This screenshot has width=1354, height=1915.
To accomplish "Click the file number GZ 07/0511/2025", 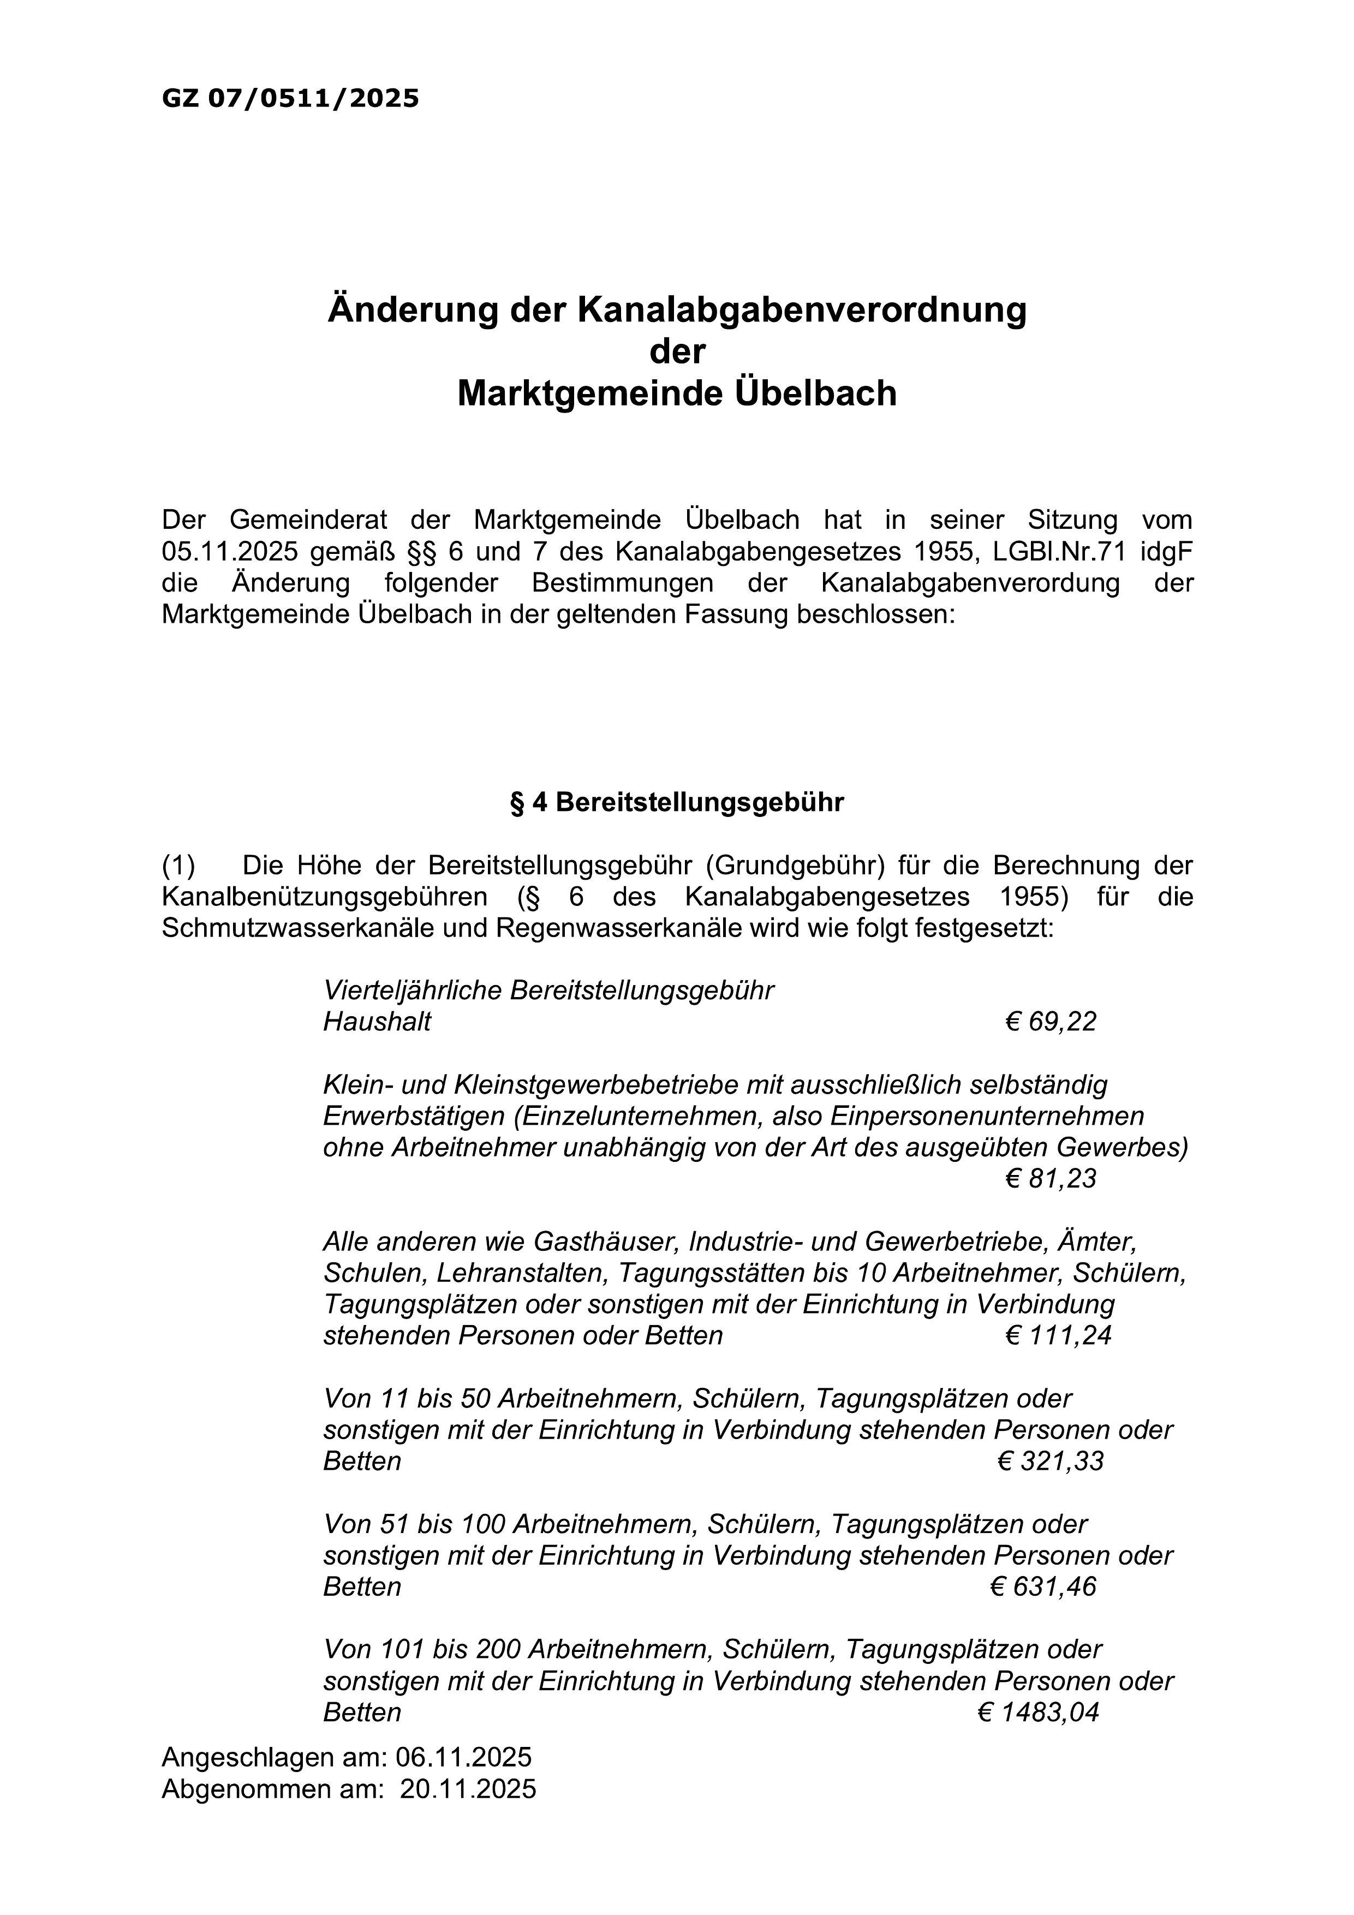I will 290,99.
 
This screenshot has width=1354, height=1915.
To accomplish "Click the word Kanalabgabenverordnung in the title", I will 801,309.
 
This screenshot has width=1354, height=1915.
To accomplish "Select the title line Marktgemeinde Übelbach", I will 677,393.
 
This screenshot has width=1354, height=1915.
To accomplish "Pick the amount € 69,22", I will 1051,1022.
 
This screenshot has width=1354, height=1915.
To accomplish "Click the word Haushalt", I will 377,1022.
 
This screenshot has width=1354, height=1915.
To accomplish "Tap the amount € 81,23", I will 1051,1179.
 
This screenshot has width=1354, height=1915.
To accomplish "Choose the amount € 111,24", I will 1059,1335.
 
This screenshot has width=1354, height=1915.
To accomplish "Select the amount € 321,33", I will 1051,1461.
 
